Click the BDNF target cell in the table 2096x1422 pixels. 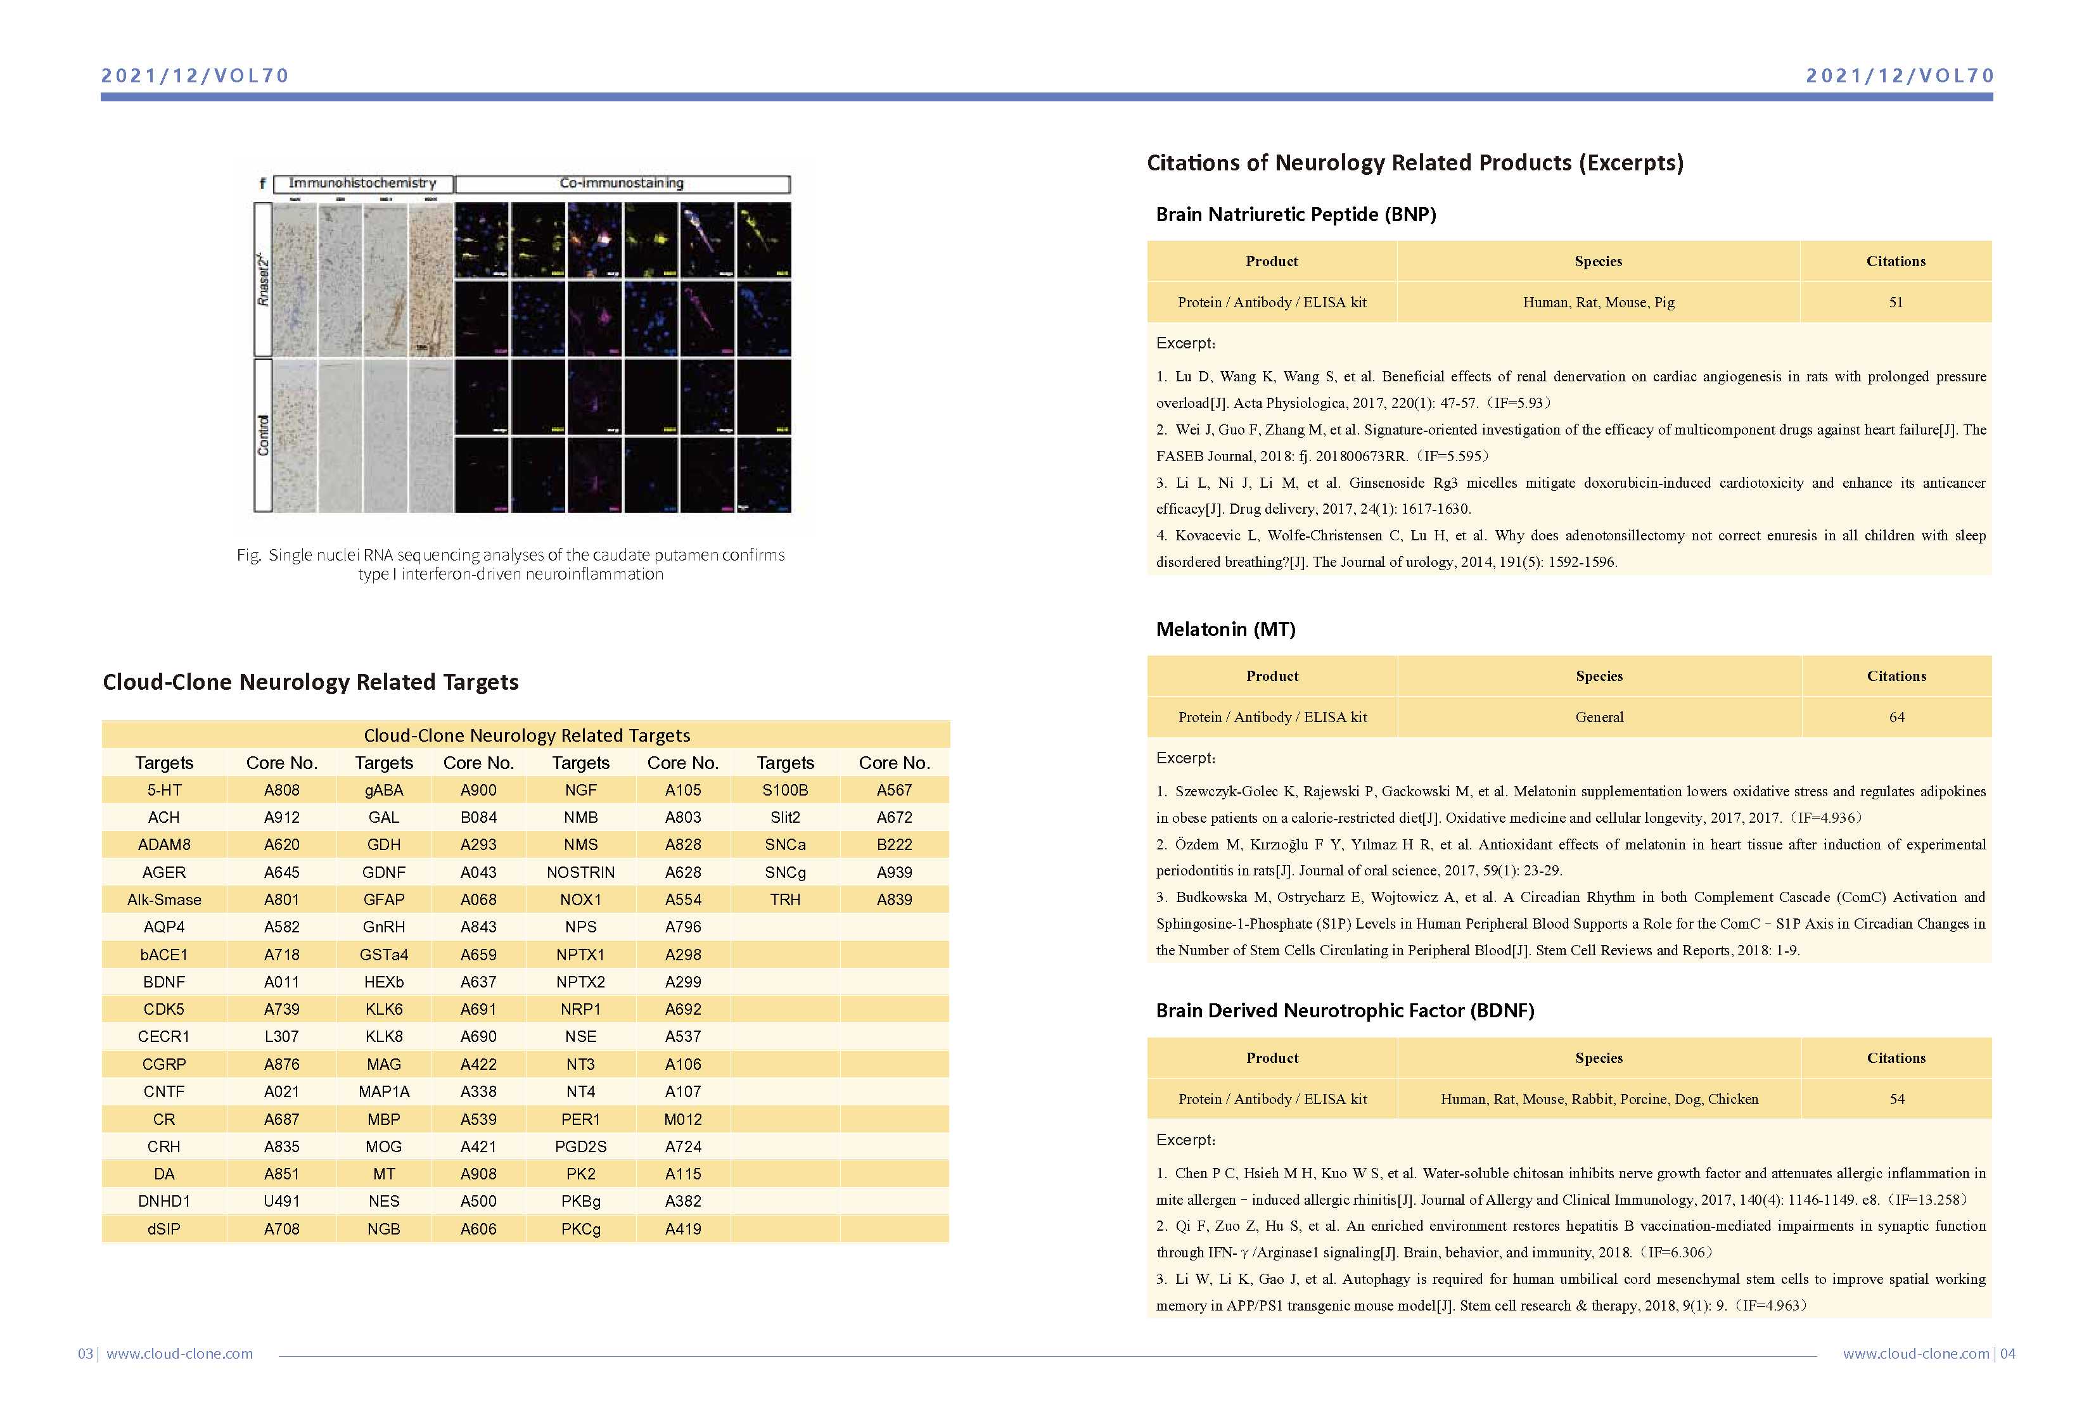point(163,982)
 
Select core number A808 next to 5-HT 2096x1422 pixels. point(281,790)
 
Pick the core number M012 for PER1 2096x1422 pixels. point(683,1119)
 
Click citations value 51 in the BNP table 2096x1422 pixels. point(1896,302)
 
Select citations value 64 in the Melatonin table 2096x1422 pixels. point(1896,717)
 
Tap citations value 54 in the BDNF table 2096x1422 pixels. point(1896,1099)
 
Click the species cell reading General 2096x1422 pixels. point(1599,717)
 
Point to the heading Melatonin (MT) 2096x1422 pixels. point(1225,630)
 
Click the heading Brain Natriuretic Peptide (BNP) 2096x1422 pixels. point(1296,215)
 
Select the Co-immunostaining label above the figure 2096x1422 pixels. point(622,183)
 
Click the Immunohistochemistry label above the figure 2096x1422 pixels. point(362,183)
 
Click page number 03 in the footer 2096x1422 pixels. point(86,1354)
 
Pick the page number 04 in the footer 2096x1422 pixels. point(2008,1354)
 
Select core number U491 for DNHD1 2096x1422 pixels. point(281,1201)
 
